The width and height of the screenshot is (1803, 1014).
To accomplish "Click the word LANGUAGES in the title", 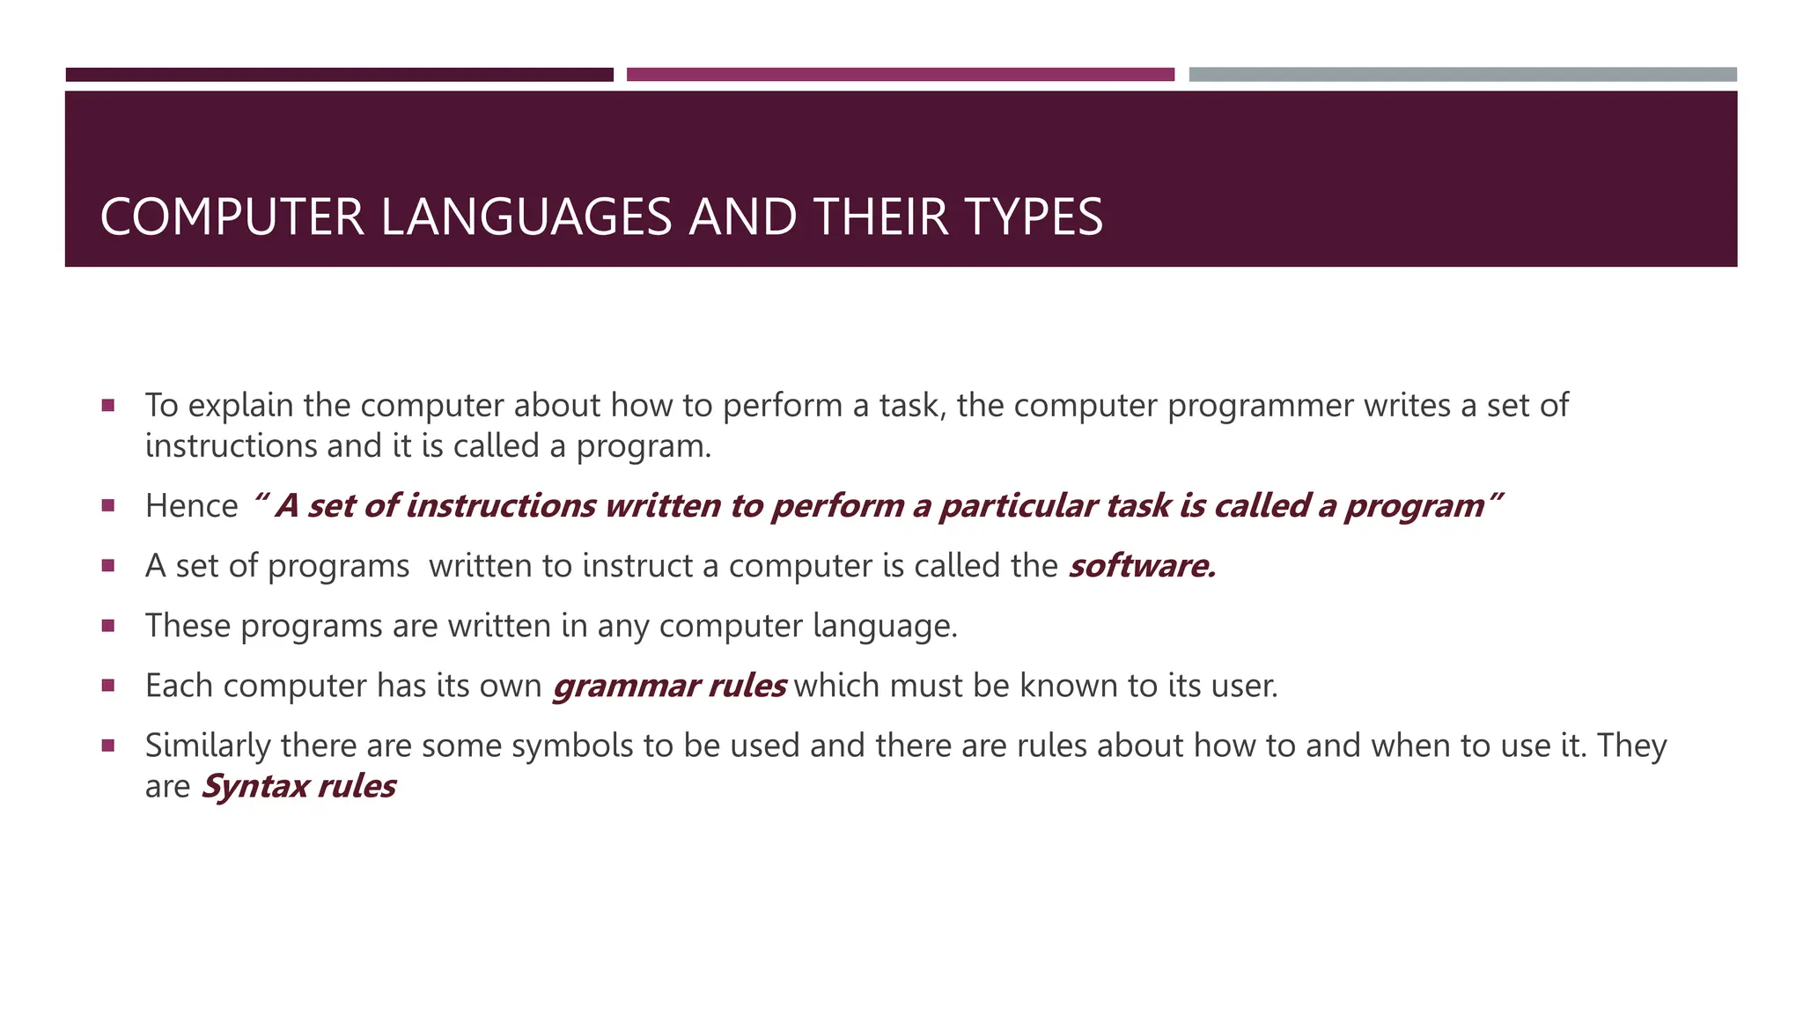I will (x=526, y=217).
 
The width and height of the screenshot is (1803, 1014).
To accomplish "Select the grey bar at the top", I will (x=1462, y=75).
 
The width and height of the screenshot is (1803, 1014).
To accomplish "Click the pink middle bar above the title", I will (x=900, y=75).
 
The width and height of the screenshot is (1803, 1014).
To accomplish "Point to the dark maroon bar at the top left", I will (x=339, y=75).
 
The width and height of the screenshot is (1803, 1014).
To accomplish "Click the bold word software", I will (x=1142, y=566).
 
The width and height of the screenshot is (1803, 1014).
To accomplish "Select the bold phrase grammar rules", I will (x=669, y=686).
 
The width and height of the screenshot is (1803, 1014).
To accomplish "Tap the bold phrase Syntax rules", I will (x=298, y=786).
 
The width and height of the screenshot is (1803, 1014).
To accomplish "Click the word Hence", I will (x=191, y=506).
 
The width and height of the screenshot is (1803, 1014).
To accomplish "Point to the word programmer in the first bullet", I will (x=1260, y=406).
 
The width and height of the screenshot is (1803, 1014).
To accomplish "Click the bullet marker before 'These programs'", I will (x=108, y=626).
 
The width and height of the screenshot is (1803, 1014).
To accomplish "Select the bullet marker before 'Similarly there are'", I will (x=108, y=746).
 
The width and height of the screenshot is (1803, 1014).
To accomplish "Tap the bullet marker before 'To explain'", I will (x=108, y=406).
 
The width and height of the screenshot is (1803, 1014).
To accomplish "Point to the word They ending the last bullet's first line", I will (x=1631, y=746).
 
